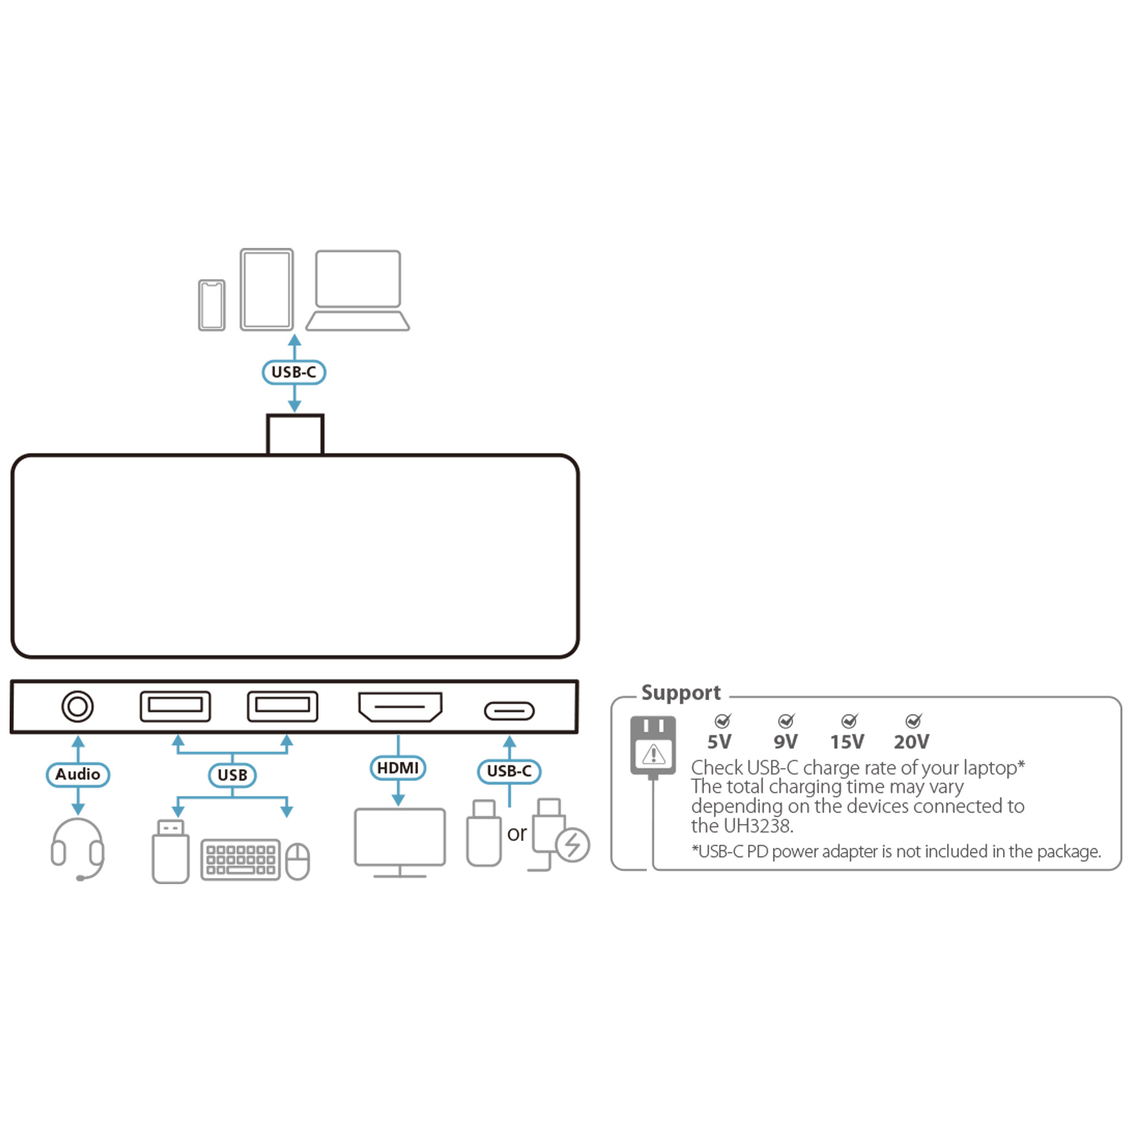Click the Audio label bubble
click(78, 775)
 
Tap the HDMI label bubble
click(398, 768)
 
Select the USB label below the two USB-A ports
click(233, 775)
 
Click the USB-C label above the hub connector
click(294, 372)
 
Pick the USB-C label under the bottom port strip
click(509, 771)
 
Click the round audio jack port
click(78, 706)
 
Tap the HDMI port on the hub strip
click(400, 706)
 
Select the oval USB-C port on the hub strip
click(509, 711)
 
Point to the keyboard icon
click(241, 860)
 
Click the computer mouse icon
click(298, 861)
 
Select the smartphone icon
click(212, 305)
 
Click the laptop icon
click(357, 290)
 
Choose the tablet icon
click(267, 289)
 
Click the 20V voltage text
click(911, 743)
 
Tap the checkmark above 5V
click(723, 720)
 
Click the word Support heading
click(681, 693)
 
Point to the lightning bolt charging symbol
click(572, 845)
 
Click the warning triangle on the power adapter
click(653, 754)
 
